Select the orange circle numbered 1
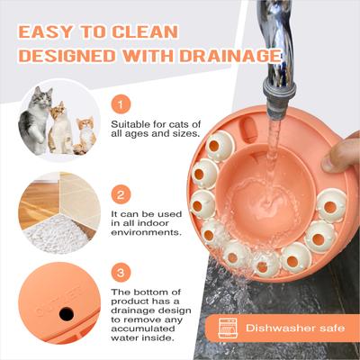(121, 105)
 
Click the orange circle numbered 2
(121, 195)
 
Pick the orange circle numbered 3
(121, 274)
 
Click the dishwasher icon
(228, 328)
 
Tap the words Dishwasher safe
(295, 328)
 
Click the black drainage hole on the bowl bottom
(67, 314)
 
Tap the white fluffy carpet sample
(55, 233)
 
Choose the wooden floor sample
(38, 200)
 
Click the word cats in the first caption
(173, 124)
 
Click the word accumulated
(143, 328)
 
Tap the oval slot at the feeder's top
(248, 130)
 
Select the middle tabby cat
(60, 128)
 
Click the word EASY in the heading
(45, 32)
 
